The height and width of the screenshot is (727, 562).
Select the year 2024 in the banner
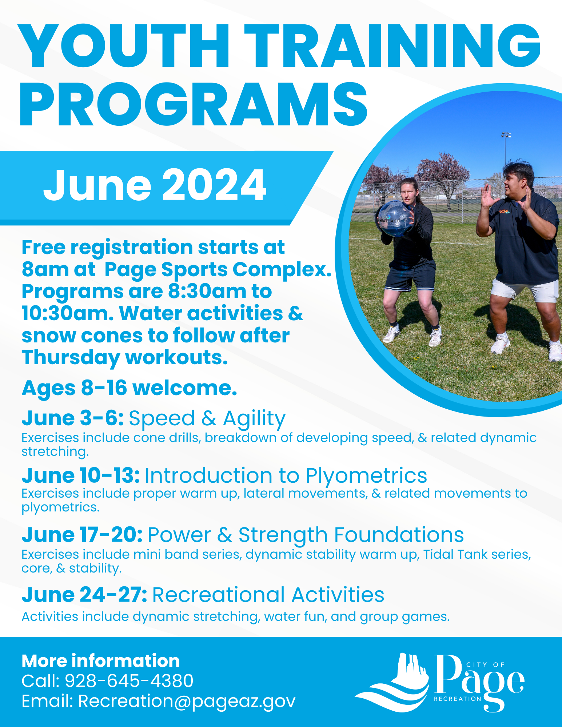tap(214, 185)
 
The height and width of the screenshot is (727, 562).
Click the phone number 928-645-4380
tap(129, 681)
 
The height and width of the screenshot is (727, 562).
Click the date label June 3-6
tap(73, 418)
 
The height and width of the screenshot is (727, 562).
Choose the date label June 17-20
tap(82, 535)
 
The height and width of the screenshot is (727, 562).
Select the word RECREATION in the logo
tap(458, 699)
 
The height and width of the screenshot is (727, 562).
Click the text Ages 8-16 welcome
tap(129, 388)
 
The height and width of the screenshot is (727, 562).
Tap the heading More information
tap(101, 661)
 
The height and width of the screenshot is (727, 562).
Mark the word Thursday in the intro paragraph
tap(71, 358)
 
